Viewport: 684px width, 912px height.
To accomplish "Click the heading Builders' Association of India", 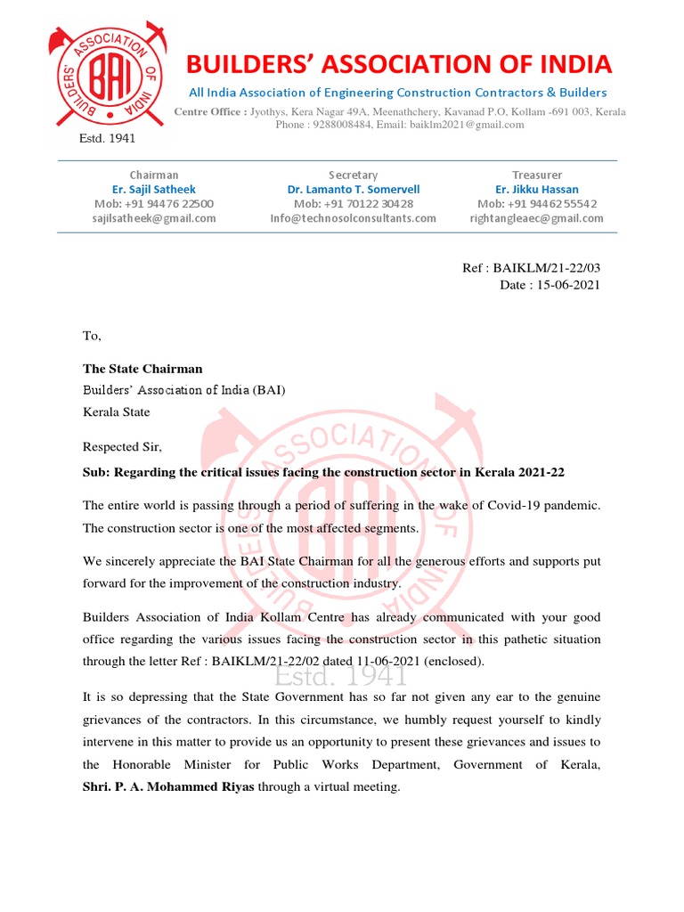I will [398, 65].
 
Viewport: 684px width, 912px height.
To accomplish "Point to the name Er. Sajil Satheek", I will [153, 190].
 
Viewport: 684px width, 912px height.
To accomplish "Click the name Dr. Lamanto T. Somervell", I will [353, 190].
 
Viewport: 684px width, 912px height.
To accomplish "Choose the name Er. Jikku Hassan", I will [536, 190].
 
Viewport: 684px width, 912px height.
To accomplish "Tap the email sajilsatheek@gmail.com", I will [153, 218].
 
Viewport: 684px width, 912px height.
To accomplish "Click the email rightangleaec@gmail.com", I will [536, 218].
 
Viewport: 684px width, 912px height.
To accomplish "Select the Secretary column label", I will [353, 175].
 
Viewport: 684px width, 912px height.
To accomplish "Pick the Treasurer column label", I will [536, 175].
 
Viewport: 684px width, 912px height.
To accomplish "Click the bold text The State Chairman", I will [142, 369].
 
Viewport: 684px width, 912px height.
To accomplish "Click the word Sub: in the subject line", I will [96, 472].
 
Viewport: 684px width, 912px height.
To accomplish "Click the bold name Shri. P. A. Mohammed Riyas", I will [168, 786].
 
